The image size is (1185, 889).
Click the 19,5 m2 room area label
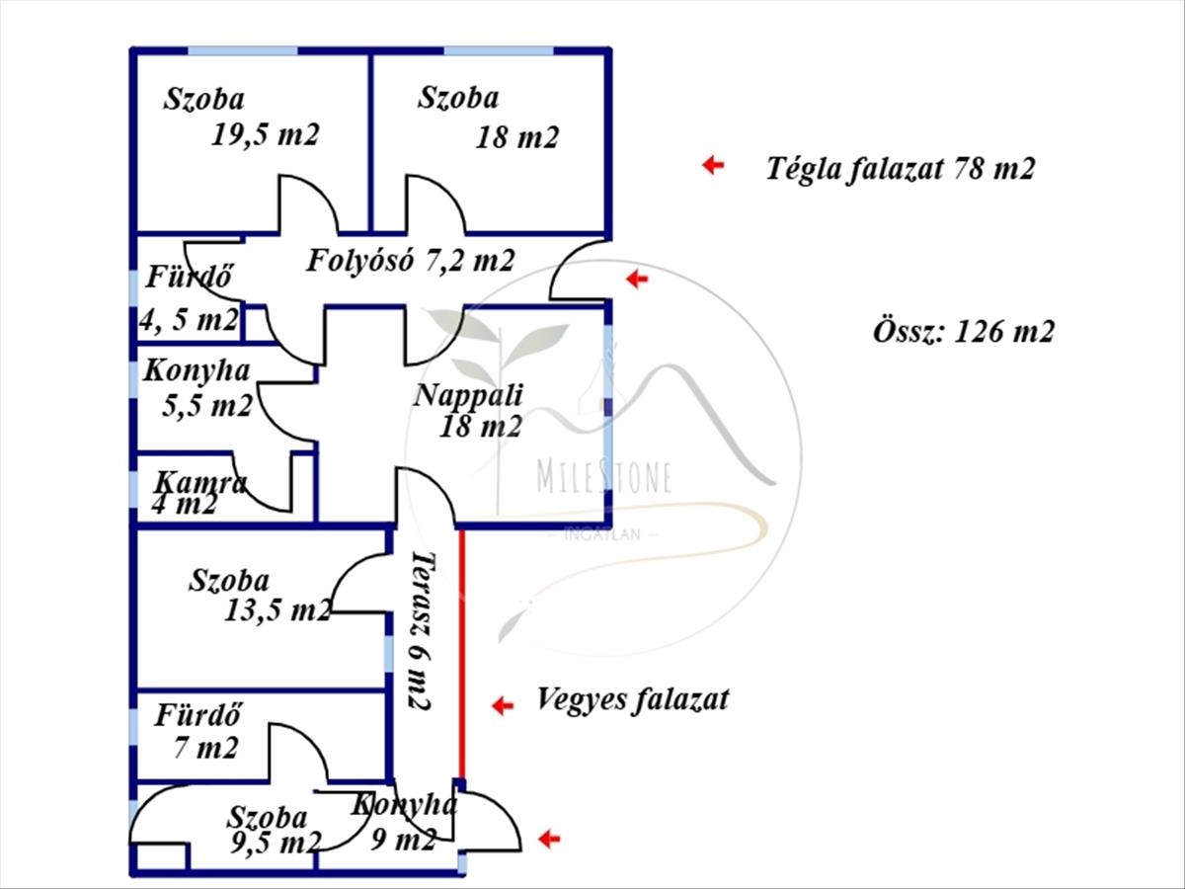[265, 134]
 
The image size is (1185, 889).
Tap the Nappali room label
[468, 396]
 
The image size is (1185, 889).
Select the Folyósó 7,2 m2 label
[410, 261]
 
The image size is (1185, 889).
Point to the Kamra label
[200, 483]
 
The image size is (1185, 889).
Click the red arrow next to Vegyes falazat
[503, 704]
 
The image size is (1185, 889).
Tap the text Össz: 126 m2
[963, 331]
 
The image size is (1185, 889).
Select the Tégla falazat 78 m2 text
[900, 168]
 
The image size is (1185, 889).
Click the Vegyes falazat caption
[632, 699]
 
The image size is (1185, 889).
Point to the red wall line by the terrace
[461, 652]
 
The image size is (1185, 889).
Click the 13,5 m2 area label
[277, 610]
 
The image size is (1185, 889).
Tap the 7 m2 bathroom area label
[205, 748]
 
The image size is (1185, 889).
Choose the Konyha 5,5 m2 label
[197, 387]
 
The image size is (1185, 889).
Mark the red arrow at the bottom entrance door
[549, 839]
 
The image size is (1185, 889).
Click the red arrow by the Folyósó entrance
[637, 280]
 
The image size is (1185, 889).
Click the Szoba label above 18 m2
[458, 98]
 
